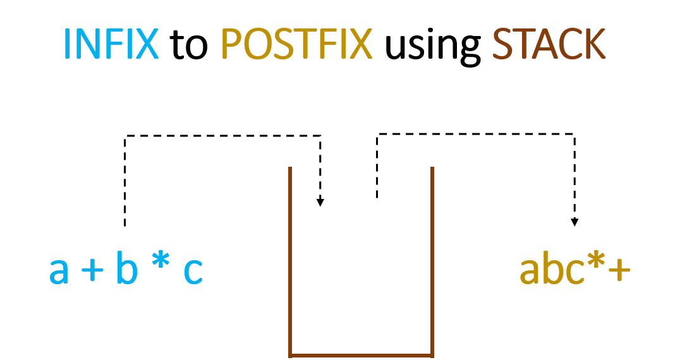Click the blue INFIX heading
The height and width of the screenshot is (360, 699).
pos(111,44)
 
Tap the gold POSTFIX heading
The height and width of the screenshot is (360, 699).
pos(296,44)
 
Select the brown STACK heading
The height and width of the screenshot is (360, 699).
pos(549,44)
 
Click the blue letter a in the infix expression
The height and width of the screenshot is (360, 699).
pos(59,271)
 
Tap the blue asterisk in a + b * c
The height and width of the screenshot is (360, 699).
pos(161,265)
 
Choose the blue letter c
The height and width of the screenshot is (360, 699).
pos(193,272)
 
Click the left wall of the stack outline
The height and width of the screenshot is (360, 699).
pos(290,259)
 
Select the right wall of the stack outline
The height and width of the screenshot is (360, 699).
pos(432,259)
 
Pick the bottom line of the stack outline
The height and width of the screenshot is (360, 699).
pos(361,355)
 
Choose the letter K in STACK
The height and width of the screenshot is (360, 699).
pos(594,44)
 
